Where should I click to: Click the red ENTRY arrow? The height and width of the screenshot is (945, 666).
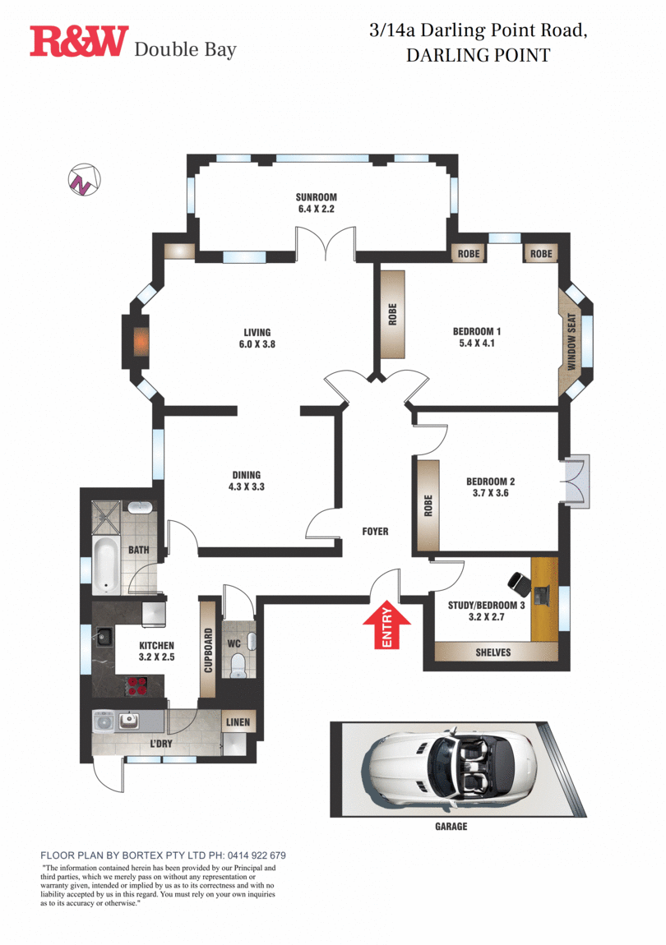click(386, 627)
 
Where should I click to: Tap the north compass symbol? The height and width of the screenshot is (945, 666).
click(84, 180)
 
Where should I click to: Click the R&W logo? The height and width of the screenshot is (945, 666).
click(79, 41)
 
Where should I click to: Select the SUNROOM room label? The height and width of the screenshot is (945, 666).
click(316, 197)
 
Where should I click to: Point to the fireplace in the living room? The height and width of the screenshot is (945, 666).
click(141, 342)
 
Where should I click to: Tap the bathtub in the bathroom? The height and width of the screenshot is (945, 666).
click(106, 565)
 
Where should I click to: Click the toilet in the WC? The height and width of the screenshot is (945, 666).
click(239, 665)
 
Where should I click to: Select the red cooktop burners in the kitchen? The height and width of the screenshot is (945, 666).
click(137, 686)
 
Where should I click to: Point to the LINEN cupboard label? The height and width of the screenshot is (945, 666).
click(238, 722)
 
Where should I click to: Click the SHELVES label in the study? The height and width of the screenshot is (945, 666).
click(493, 652)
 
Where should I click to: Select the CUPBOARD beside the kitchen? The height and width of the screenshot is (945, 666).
click(208, 650)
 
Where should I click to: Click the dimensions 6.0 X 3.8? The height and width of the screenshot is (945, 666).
click(257, 344)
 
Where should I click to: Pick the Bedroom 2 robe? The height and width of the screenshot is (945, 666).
click(428, 505)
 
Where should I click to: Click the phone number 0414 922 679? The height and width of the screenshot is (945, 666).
click(257, 855)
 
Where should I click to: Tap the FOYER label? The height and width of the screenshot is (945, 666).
click(375, 532)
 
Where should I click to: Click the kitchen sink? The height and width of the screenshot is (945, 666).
click(104, 634)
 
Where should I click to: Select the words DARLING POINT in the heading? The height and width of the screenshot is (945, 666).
click(479, 55)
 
